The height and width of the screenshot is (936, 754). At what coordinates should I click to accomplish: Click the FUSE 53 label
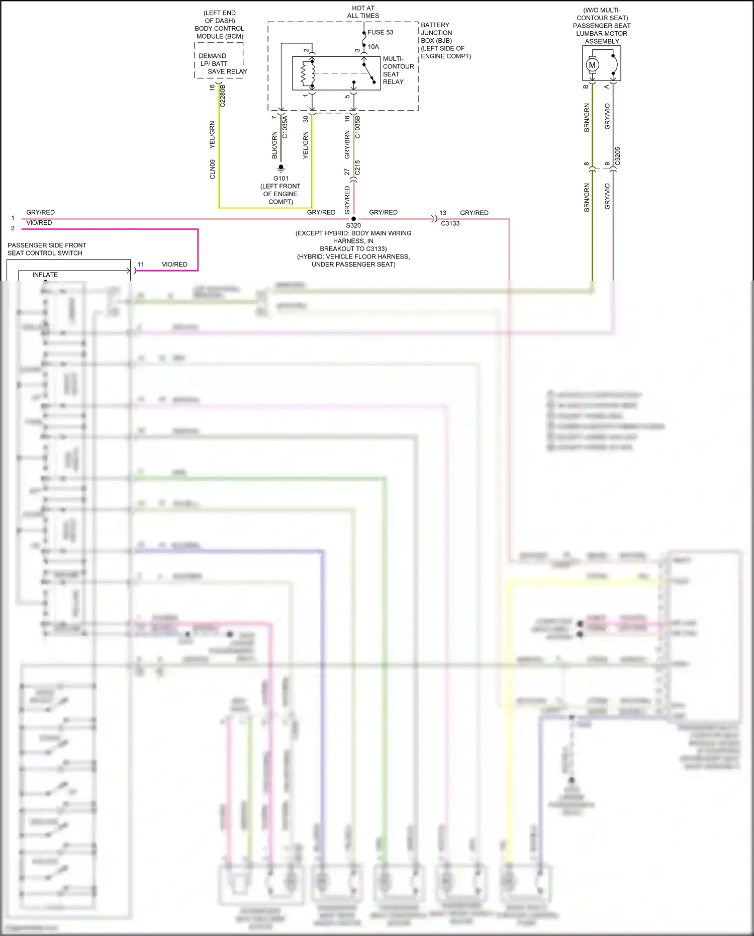click(x=380, y=32)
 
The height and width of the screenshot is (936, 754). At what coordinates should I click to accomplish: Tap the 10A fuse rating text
click(x=373, y=47)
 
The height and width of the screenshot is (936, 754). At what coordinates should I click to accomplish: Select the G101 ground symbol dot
click(x=281, y=167)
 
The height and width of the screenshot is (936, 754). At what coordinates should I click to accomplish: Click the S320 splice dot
click(x=353, y=219)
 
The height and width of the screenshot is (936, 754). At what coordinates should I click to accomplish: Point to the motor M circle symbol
click(x=592, y=65)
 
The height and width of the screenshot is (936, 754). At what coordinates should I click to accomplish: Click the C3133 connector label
click(x=450, y=223)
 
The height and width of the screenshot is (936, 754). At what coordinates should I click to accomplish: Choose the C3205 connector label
click(x=618, y=156)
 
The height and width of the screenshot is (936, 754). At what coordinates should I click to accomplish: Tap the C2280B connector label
click(x=223, y=96)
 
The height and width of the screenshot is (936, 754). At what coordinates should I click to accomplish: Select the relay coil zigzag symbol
click(x=304, y=74)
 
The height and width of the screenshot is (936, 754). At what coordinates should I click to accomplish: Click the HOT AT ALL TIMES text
click(x=363, y=12)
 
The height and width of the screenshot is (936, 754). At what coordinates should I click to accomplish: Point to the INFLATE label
click(x=45, y=275)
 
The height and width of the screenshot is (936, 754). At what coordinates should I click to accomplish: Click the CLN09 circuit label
click(x=213, y=169)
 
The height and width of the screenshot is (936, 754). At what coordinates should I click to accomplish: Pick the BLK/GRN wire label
click(x=274, y=145)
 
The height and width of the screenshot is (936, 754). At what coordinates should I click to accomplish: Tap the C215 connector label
click(x=357, y=167)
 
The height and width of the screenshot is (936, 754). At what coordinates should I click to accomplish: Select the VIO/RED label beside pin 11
click(x=174, y=265)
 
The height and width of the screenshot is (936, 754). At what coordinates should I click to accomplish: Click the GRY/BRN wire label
click(x=347, y=145)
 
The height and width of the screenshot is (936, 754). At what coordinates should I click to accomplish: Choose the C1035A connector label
click(x=285, y=127)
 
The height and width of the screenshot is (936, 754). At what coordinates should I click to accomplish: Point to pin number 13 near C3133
click(x=443, y=213)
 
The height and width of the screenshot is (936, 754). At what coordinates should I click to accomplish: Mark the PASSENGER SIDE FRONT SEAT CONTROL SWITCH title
click(x=46, y=249)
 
